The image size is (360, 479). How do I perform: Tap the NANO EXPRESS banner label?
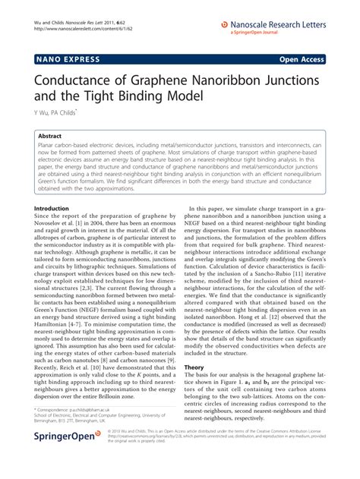coord(66,58)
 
